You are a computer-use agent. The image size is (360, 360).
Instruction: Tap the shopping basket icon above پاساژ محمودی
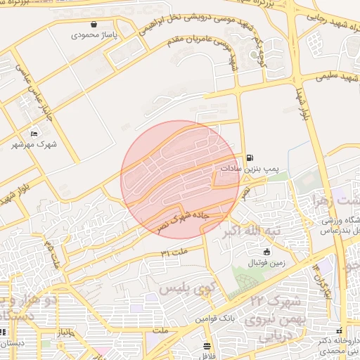pos(94,23)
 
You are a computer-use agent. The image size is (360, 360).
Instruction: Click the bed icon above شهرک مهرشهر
pos(34,134)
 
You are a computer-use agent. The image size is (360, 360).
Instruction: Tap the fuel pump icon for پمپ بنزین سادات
pos(250,158)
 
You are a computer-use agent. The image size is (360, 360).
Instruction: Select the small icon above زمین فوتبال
pos(266,252)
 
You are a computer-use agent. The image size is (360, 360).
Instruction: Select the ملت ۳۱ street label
pos(175,250)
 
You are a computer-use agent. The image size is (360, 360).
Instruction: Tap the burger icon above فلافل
pos(206,346)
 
